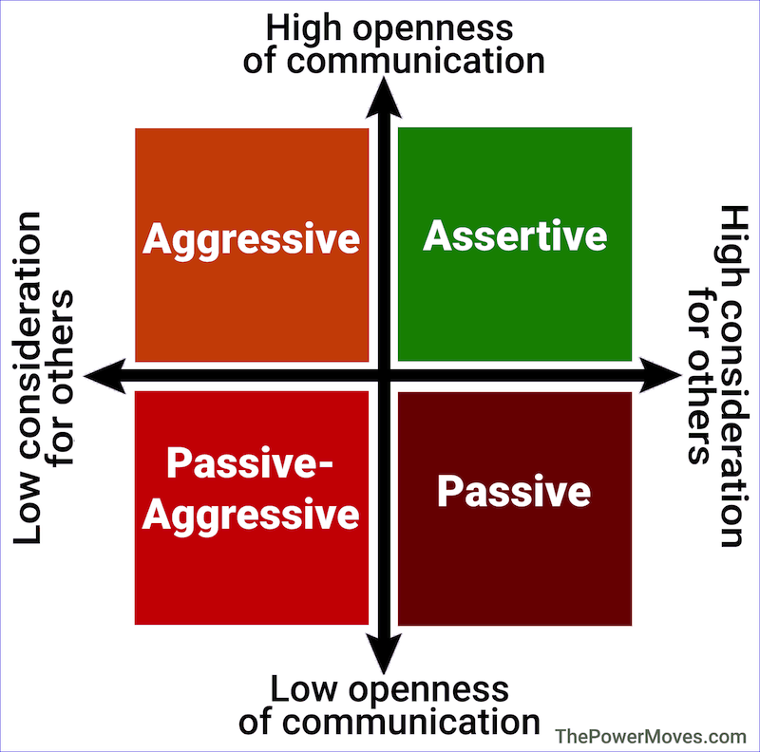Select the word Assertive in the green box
coord(515,236)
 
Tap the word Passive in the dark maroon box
coord(514,491)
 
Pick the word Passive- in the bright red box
coord(250,462)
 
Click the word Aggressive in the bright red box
coord(251,516)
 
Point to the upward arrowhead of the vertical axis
coord(384,98)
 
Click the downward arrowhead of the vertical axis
coord(384,652)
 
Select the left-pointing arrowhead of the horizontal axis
coord(105,376)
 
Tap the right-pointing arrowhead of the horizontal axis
coord(660,375)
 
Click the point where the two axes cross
coord(384,375)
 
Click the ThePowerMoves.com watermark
coord(651,737)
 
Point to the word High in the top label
coord(303,28)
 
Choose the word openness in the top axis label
coord(433,30)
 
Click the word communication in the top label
coord(416,61)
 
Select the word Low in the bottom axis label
coord(303,689)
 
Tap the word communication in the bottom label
coord(411,723)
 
